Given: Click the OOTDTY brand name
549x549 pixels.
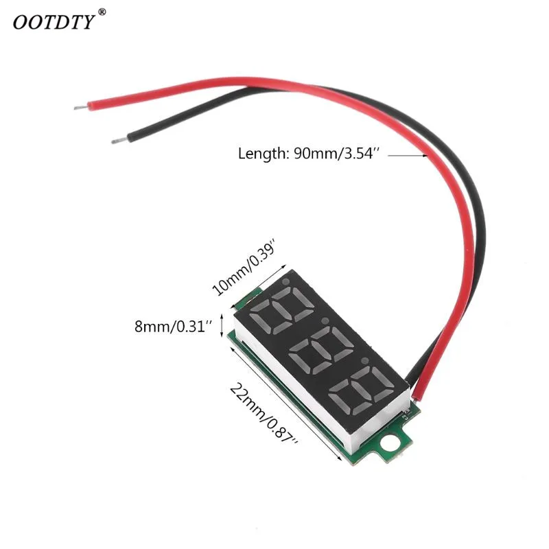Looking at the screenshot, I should [54, 21].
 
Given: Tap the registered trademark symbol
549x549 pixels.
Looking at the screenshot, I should [102, 12].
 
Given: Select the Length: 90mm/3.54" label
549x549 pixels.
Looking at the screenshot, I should [309, 154].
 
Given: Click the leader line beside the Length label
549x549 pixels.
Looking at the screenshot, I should [408, 156].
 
